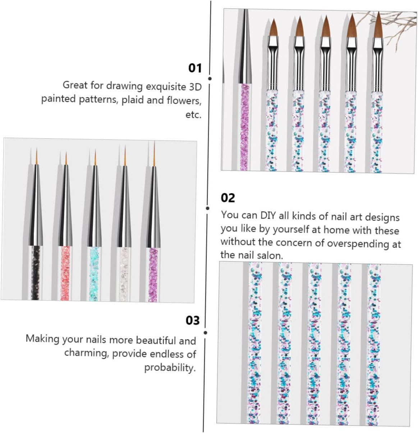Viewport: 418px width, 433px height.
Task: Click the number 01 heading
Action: click(x=195, y=68)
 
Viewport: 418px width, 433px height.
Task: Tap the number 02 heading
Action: click(x=228, y=198)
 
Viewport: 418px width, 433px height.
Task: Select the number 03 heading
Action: click(x=192, y=320)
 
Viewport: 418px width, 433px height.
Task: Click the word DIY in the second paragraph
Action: click(x=268, y=215)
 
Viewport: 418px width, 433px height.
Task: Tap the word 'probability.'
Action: click(x=170, y=368)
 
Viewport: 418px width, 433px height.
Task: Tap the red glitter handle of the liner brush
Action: click(x=65, y=273)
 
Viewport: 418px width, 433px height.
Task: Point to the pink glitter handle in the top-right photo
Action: click(x=245, y=126)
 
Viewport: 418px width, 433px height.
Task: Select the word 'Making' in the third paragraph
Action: click(x=43, y=339)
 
